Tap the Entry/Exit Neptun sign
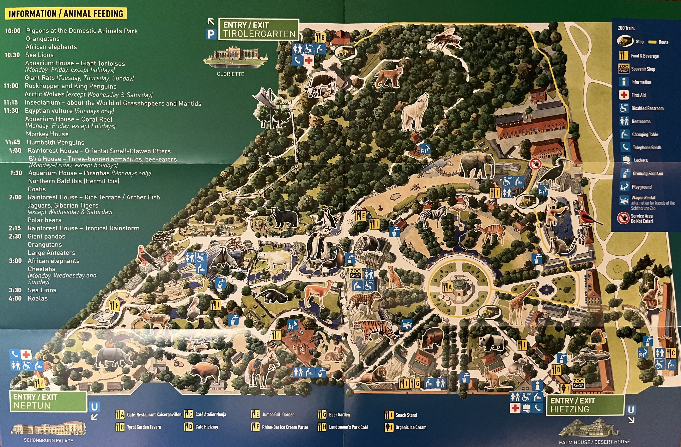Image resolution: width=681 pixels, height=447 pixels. [x=48, y=401]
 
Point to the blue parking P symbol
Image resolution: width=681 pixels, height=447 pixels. [x=211, y=34]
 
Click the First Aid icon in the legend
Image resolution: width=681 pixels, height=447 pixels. [x=624, y=95]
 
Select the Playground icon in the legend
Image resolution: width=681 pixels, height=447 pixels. [x=624, y=187]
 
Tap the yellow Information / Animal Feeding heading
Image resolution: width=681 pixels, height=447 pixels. [x=66, y=14]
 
